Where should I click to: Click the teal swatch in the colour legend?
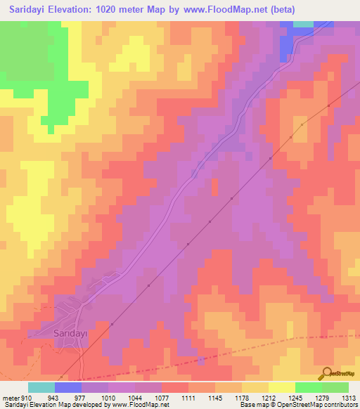pos(41,387)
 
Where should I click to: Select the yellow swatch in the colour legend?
pos(282,387)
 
